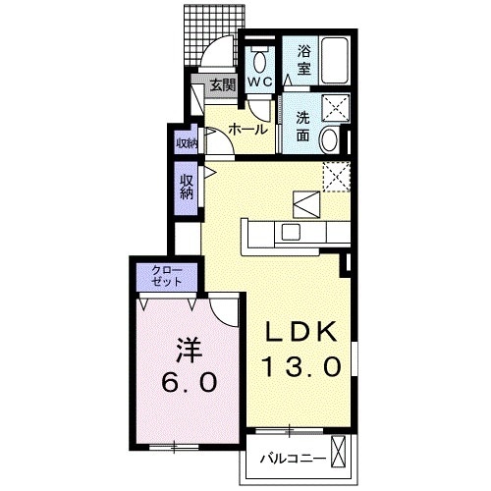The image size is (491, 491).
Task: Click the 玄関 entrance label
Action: point(221,85)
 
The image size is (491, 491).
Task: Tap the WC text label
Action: point(259,82)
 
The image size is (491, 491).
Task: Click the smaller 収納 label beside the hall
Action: point(187,143)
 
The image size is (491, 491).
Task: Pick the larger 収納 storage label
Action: point(187,187)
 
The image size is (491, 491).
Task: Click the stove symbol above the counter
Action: point(305,205)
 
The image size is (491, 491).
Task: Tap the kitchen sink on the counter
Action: point(291,232)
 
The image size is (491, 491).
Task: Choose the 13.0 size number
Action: point(301,368)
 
